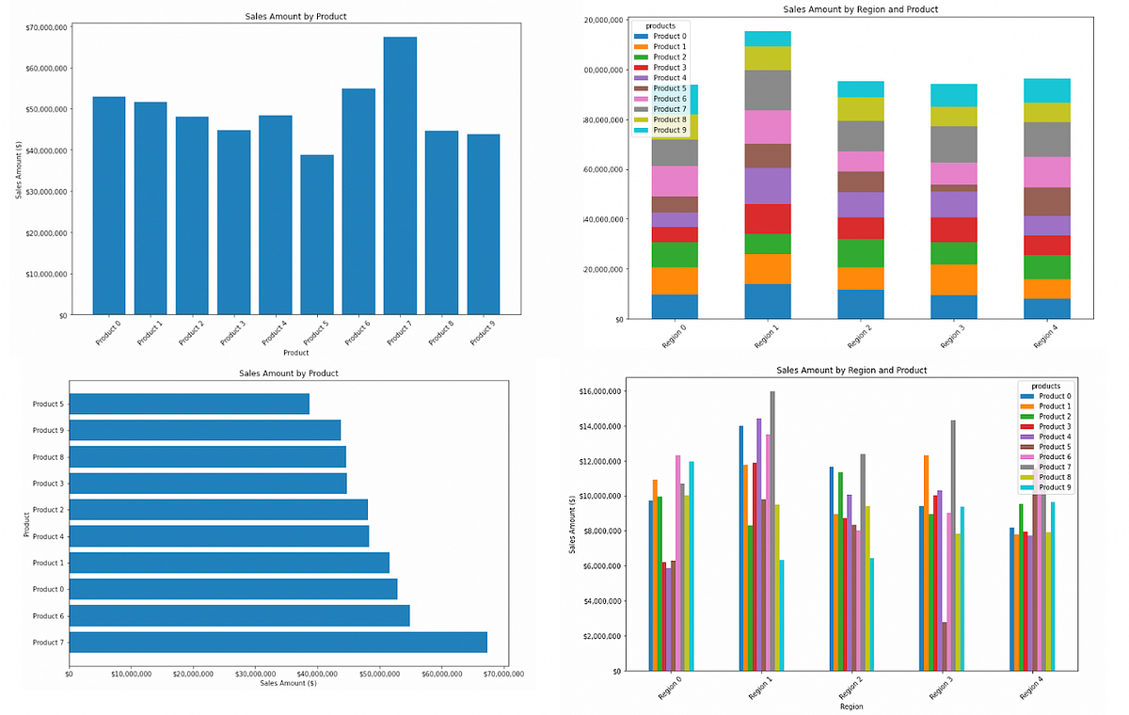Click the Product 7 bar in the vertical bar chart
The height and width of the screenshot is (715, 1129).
click(400, 175)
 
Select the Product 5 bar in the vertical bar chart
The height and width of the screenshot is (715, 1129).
click(317, 234)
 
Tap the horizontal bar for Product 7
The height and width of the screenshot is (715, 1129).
click(278, 642)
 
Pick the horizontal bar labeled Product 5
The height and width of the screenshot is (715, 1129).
click(189, 404)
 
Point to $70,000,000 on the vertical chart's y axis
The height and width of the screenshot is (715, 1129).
click(45, 27)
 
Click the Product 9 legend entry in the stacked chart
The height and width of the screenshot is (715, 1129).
click(669, 130)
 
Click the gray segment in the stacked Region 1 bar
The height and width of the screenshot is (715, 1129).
click(768, 90)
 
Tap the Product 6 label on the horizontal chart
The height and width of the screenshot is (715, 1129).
click(47, 616)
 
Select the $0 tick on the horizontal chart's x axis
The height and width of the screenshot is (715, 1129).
click(69, 674)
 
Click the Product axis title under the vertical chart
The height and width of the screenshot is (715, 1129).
click(296, 353)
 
